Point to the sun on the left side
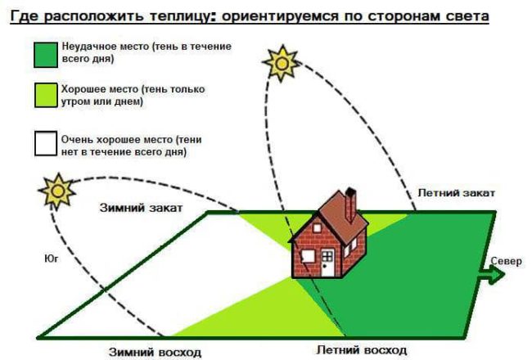coord(58,192)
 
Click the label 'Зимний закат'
coord(142,209)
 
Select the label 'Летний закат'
coord(455,192)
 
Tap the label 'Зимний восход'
coord(156,353)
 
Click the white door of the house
coord(327,263)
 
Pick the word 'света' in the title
coord(462,16)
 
